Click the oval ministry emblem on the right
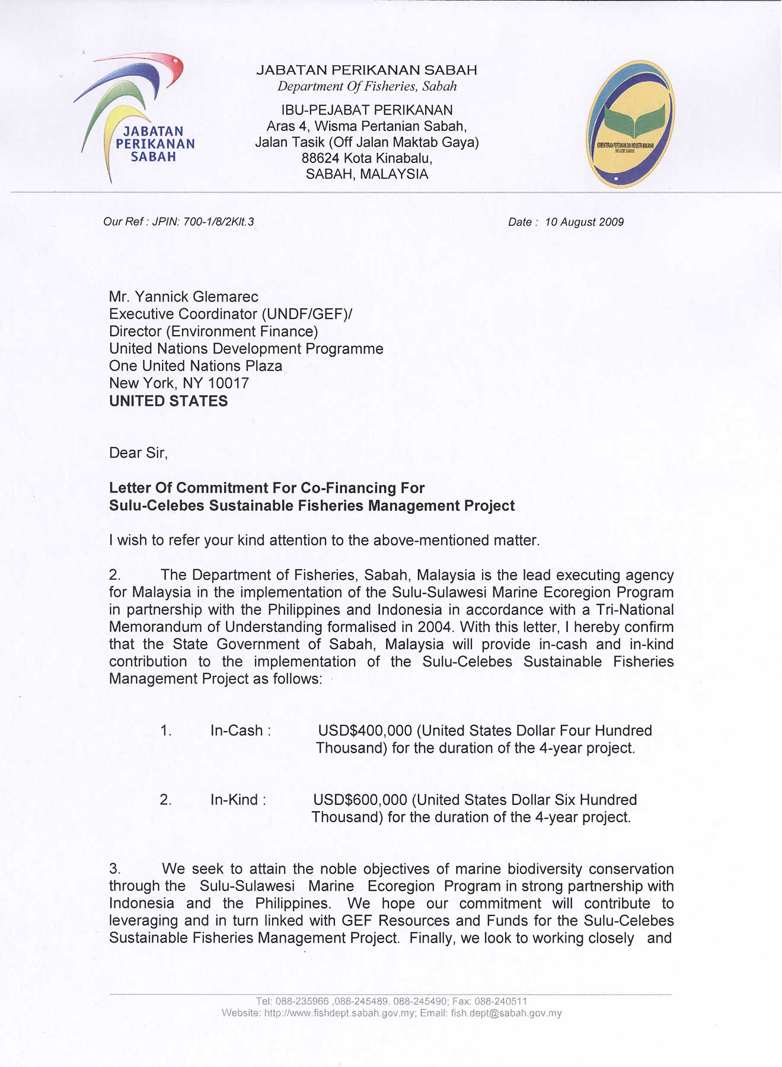click(x=630, y=124)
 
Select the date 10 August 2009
click(x=584, y=222)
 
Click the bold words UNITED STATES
click(x=168, y=401)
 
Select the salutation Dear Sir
click(x=138, y=453)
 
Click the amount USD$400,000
click(x=365, y=731)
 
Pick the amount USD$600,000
click(x=360, y=800)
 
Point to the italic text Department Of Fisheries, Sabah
click(x=367, y=87)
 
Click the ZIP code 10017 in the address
click(x=228, y=384)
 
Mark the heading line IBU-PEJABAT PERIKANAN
click(x=367, y=110)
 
